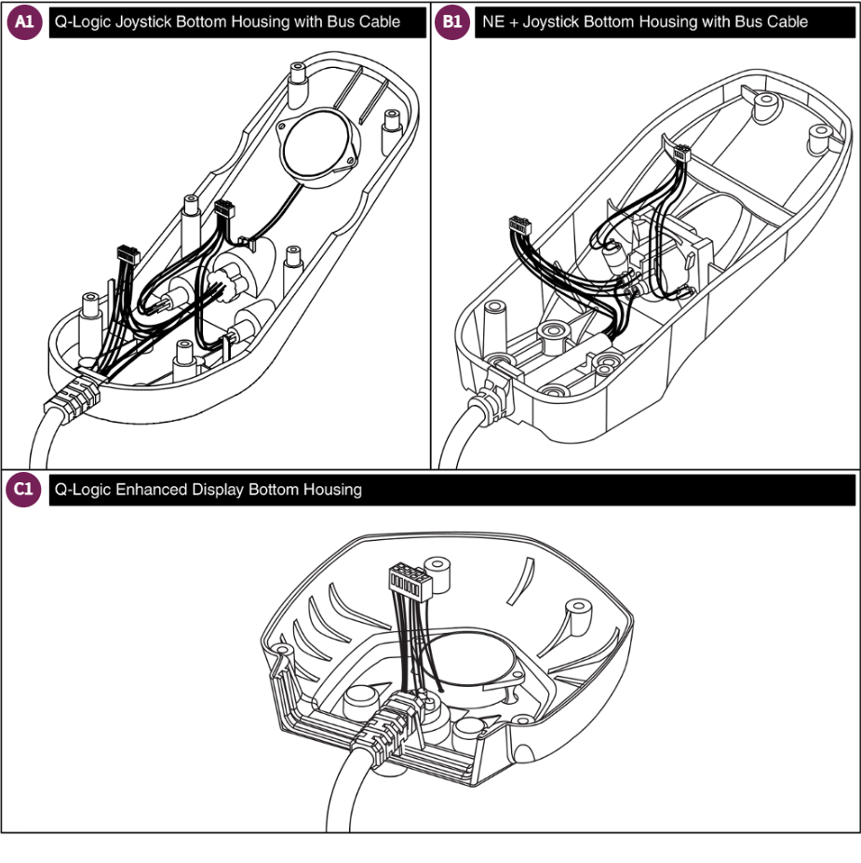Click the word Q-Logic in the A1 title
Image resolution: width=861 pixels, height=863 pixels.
pos(81,22)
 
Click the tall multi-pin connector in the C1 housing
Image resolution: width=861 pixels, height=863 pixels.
pos(406,585)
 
